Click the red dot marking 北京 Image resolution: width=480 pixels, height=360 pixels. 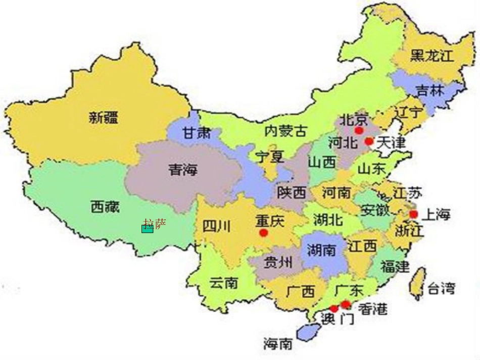pos(359,130)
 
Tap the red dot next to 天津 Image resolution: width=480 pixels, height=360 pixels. pos(369,141)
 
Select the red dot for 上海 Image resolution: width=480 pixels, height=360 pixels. pos(413,215)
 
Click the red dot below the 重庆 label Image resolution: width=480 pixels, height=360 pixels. pos(263,233)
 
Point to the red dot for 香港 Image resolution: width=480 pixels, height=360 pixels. pos(346,304)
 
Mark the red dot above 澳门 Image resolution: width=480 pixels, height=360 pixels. pos(334,308)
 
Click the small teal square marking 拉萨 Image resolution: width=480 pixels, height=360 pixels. pos(147,229)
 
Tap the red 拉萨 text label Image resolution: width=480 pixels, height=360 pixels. pos(154,223)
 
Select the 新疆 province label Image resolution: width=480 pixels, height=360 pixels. pos(104,118)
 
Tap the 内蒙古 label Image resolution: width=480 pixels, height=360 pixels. pos(285,131)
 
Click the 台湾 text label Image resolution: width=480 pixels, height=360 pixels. pos(441,288)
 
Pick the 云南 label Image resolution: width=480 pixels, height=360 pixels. pos(223,282)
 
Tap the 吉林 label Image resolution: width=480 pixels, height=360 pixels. pos(430,90)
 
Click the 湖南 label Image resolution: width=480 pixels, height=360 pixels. pos(321,249)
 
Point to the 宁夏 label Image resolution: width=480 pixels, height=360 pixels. pos(270,157)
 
